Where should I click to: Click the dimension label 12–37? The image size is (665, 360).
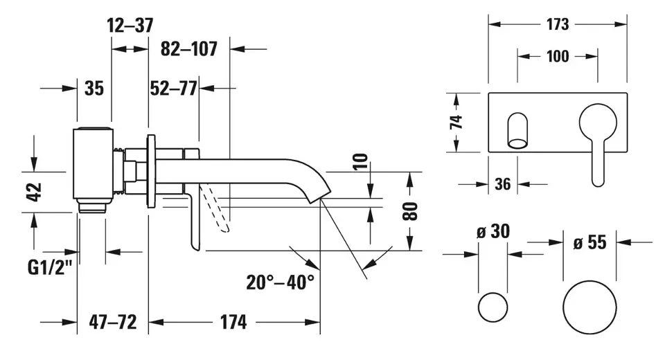[x=130, y=26]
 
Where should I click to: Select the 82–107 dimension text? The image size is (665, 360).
[x=189, y=49]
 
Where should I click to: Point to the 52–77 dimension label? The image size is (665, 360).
[x=174, y=88]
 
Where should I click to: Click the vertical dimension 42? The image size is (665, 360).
[x=35, y=192]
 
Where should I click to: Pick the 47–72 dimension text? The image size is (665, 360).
[x=112, y=322]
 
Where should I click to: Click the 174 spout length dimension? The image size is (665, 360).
[x=233, y=322]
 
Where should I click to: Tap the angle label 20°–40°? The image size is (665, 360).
[x=280, y=282]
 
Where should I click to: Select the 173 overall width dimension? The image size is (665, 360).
[x=558, y=24]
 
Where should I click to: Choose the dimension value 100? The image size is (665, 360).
[x=558, y=56]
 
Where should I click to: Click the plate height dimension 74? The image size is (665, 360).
[x=456, y=123]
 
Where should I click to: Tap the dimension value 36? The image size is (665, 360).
[x=503, y=184]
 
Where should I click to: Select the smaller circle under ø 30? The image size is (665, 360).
[x=493, y=306]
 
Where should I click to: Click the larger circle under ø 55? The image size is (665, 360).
[x=589, y=306]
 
